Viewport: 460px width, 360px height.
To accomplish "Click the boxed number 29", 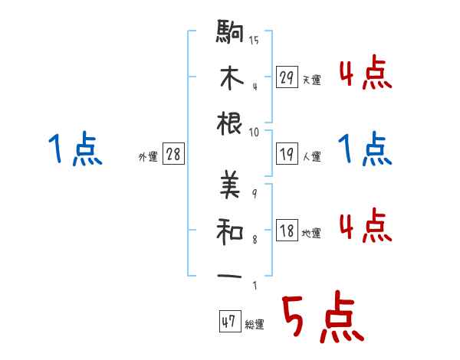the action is click(x=287, y=77).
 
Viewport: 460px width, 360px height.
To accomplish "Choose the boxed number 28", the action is click(x=173, y=155).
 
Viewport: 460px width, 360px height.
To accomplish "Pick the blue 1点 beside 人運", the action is click(x=365, y=149).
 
